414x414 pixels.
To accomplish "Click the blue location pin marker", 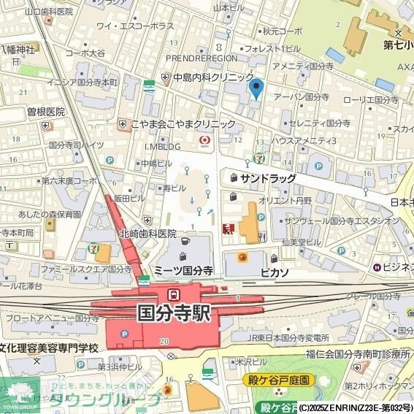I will click(x=256, y=88).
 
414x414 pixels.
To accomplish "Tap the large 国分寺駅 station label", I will click(x=174, y=313).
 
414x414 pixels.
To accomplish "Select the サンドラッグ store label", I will click(x=268, y=178).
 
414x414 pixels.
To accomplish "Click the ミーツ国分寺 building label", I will click(x=183, y=270).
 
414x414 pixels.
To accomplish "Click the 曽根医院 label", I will click(x=46, y=112).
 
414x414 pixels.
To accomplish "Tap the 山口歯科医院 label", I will click(x=48, y=12).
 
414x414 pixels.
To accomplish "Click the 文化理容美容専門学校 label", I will click(x=48, y=348).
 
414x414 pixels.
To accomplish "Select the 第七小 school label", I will click(x=399, y=45).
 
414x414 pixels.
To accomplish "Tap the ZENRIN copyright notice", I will click(x=356, y=407).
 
